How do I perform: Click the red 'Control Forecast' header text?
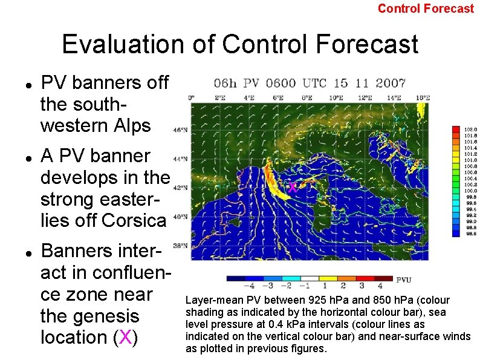coord(426,8)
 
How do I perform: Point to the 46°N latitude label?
coord(180,129)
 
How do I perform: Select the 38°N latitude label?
coord(180,246)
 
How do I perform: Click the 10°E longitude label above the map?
coord(336,97)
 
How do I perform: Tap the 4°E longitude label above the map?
coord(249,97)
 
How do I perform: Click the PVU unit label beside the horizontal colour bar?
coord(404,280)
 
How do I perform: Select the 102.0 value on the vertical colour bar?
coord(470,129)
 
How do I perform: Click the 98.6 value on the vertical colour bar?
coord(470,234)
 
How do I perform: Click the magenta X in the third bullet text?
coord(125,337)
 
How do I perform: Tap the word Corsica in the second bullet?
coord(134,220)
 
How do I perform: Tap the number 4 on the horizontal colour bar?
coord(380,286)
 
